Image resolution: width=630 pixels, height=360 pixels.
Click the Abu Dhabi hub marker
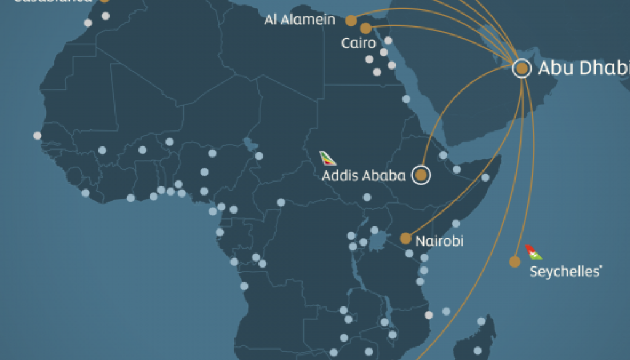pyautogui.click(x=522, y=68)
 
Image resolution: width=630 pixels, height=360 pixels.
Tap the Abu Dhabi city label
pyautogui.click(x=583, y=68)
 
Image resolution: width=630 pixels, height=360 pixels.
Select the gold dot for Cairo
pyautogui.click(x=366, y=28)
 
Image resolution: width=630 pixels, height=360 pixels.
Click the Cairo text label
pyautogui.click(x=358, y=43)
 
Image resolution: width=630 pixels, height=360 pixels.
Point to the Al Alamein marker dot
pyautogui.click(x=351, y=20)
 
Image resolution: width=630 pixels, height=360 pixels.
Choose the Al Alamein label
pyautogui.click(x=300, y=20)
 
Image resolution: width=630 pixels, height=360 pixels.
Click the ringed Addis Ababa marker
pyautogui.click(x=421, y=175)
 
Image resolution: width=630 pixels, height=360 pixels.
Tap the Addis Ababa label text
pyautogui.click(x=364, y=176)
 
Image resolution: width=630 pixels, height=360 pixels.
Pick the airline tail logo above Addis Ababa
pyautogui.click(x=329, y=158)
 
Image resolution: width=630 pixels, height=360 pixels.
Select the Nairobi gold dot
pyautogui.click(x=405, y=238)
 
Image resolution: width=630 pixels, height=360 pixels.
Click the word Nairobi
pyautogui.click(x=439, y=241)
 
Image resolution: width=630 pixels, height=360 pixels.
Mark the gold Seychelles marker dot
pyautogui.click(x=515, y=262)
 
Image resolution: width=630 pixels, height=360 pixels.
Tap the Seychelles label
pyautogui.click(x=565, y=271)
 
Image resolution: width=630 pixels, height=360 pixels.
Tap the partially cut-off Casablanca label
pyautogui.click(x=49, y=2)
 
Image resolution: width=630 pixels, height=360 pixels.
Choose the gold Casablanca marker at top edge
pyautogui.click(x=105, y=1)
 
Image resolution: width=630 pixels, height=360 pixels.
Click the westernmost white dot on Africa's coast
pyautogui.click(x=38, y=135)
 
